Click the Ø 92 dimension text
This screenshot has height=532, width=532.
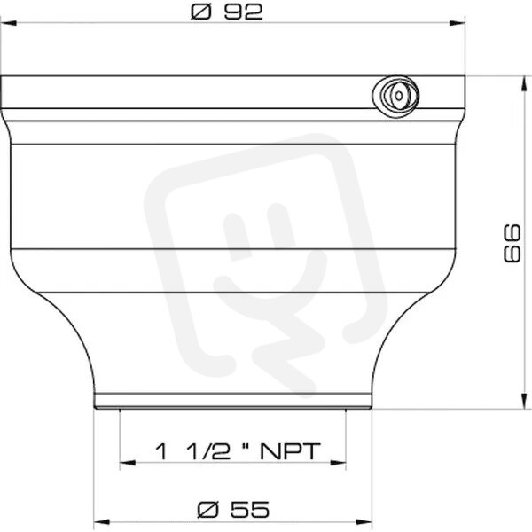[227, 12]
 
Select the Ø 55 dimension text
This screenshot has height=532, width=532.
[233, 510]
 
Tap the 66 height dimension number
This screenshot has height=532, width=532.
[512, 243]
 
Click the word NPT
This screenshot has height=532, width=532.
[290, 451]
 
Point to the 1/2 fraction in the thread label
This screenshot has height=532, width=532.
[208, 451]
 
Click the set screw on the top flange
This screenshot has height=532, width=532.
[396, 96]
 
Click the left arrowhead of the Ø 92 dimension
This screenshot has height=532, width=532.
[9, 23]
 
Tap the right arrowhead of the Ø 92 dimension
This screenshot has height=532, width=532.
[457, 23]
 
